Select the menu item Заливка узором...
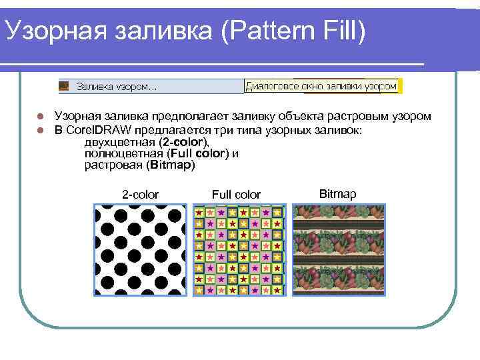117,87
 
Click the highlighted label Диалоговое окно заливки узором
321,86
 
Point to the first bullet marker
40,117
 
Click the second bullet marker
40,129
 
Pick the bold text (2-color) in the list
185,142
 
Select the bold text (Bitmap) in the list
172,165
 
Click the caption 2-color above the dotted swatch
140,195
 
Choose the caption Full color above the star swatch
236,195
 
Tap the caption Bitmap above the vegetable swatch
337,194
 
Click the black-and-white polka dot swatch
141,250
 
